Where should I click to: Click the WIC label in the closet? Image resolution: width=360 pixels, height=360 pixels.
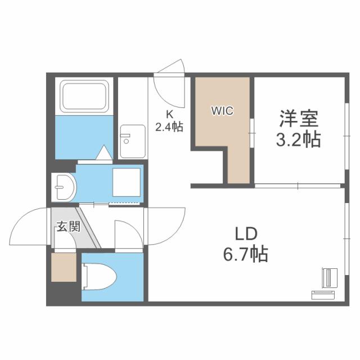(x=222, y=111)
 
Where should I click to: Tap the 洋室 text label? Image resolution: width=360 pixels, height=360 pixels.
(x=299, y=119)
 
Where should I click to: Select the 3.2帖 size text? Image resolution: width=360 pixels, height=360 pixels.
(x=298, y=139)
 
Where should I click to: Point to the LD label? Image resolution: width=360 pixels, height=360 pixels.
(x=246, y=234)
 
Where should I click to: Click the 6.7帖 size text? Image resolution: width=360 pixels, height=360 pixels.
(x=246, y=254)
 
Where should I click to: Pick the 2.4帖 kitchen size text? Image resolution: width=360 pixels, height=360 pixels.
(x=169, y=127)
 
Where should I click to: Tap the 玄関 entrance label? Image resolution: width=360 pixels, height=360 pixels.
(x=69, y=226)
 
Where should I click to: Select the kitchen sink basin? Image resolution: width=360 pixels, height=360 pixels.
(x=133, y=141)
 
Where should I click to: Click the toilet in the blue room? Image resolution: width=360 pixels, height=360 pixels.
(x=99, y=276)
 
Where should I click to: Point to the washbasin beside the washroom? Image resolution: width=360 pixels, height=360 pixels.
(x=64, y=187)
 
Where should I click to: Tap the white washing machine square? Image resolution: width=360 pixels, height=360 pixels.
(x=126, y=182)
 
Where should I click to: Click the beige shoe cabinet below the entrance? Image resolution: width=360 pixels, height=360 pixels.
(x=64, y=267)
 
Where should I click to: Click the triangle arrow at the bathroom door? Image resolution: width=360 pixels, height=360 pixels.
(x=104, y=152)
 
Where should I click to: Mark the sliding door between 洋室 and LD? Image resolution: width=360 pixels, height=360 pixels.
(x=298, y=186)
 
